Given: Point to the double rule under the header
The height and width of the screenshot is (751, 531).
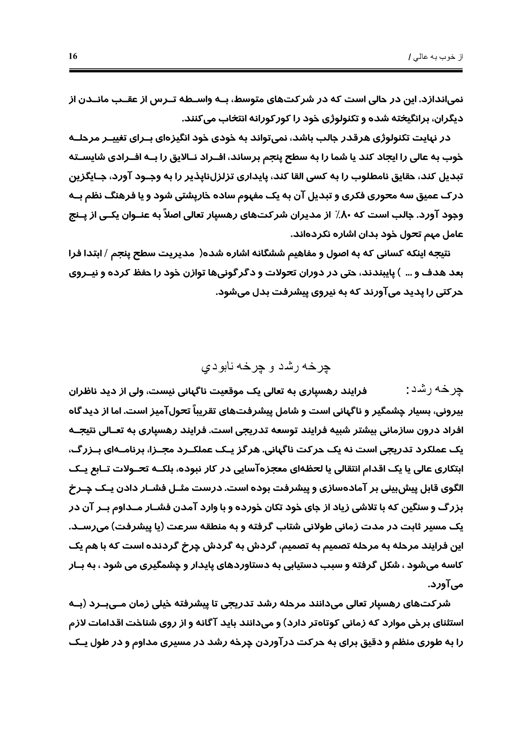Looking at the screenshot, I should pos(266,70).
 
